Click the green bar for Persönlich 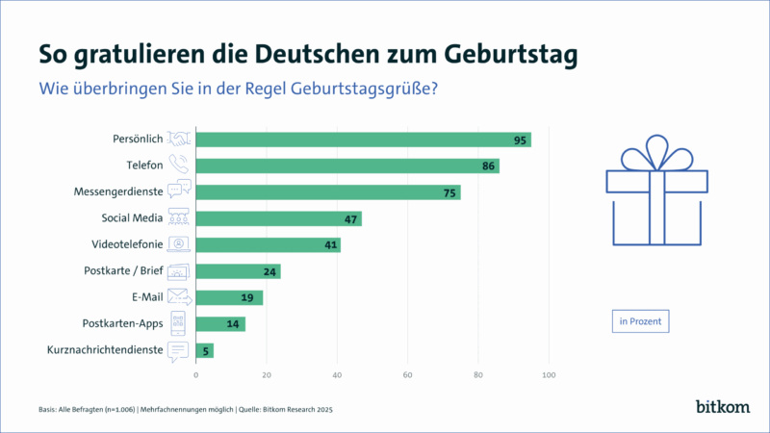click(x=363, y=140)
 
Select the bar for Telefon click(x=346, y=166)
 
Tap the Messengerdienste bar click(x=327, y=192)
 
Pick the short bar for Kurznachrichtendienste click(x=204, y=350)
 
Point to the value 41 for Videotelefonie click(x=329, y=245)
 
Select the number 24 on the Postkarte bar click(x=269, y=271)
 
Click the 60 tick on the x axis click(x=408, y=374)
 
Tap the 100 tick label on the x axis click(x=550, y=374)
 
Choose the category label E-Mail click(x=144, y=297)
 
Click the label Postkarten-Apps click(x=123, y=323)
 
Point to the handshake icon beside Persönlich click(x=179, y=140)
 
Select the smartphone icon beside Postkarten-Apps click(x=179, y=323)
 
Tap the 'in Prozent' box click(x=640, y=320)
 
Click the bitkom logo click(x=721, y=407)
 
